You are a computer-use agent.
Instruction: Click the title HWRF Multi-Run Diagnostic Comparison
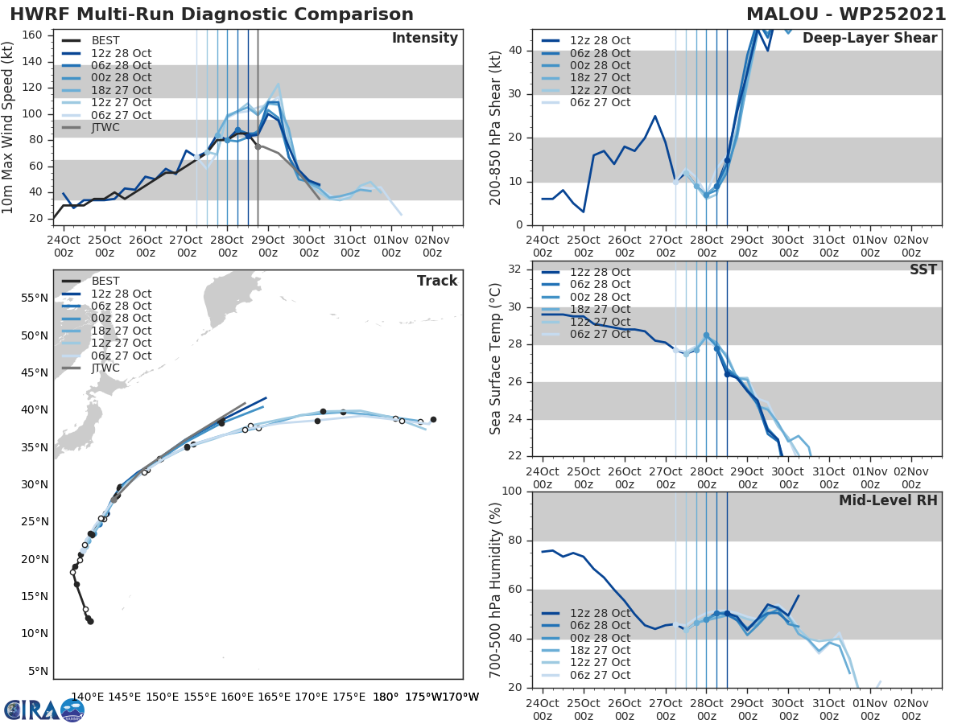[x=212, y=14]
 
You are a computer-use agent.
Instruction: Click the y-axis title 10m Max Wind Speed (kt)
[x=10, y=123]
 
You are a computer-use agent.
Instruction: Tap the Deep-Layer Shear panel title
[x=869, y=39]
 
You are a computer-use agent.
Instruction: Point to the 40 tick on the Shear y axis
[x=517, y=51]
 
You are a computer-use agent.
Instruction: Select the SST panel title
[x=923, y=269]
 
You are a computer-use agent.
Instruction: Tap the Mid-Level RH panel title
[x=888, y=500]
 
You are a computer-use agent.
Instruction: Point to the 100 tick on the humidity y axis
[x=514, y=492]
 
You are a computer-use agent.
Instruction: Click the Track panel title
[x=436, y=281]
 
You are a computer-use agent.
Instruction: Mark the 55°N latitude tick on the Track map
[x=37, y=298]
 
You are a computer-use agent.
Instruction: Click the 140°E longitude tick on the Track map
[x=87, y=697]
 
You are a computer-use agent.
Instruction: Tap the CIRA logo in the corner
[x=44, y=710]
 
